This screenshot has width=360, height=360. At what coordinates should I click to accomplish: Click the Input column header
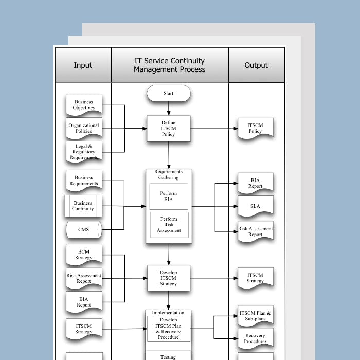tap(83, 65)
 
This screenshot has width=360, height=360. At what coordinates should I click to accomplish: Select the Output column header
tap(256, 65)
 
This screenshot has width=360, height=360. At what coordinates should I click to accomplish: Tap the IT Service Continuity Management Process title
tap(169, 65)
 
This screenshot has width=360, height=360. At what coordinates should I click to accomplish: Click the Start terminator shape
tap(169, 94)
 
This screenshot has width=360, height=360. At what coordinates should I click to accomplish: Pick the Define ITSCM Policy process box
tap(169, 129)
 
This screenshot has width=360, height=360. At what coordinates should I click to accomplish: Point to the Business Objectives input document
tap(84, 105)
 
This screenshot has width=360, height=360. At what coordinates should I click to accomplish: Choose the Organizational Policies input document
tap(84, 128)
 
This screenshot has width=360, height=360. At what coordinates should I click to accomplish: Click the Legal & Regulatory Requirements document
tap(84, 152)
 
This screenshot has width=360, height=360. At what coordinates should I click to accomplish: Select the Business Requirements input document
tap(84, 181)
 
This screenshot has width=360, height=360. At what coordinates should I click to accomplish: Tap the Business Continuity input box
tap(83, 206)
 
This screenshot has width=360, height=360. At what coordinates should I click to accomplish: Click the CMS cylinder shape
tap(84, 229)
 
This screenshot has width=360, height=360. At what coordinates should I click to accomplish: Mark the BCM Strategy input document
tap(84, 255)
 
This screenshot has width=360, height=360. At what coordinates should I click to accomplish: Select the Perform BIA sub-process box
tap(169, 196)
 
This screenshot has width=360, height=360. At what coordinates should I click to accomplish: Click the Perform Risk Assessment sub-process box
tap(169, 225)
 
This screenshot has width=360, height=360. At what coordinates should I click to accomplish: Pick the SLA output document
tap(255, 206)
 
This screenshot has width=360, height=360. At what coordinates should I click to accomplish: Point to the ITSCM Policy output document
tap(255, 128)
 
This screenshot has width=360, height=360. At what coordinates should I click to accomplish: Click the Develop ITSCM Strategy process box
tap(169, 278)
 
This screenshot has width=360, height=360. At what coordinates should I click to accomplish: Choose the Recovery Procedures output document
tap(255, 338)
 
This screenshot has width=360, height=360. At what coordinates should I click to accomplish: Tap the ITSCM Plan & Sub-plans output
tap(255, 315)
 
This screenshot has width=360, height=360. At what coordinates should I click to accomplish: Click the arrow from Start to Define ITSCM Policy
tap(169, 109)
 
